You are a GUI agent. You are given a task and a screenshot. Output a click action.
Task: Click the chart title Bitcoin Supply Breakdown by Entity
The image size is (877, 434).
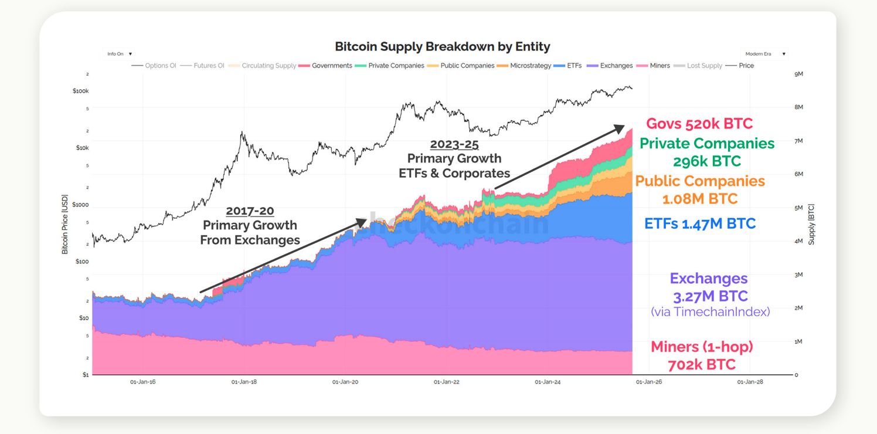pyautogui.click(x=442, y=46)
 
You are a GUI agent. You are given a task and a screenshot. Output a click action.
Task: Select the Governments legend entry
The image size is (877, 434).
pyautogui.click(x=331, y=66)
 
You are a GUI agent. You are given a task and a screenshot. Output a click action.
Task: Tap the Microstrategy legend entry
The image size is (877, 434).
pyautogui.click(x=530, y=66)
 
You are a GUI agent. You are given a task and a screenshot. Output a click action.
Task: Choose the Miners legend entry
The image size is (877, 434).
pyautogui.click(x=660, y=66)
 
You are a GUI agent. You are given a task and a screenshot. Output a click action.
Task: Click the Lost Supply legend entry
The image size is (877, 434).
pyautogui.click(x=704, y=66)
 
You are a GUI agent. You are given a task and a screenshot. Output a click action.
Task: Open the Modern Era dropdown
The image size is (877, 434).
pyautogui.click(x=764, y=54)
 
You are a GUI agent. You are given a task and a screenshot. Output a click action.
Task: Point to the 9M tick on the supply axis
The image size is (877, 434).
pyautogui.click(x=798, y=74)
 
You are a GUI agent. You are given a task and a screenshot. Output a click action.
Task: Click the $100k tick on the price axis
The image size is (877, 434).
pyautogui.click(x=80, y=91)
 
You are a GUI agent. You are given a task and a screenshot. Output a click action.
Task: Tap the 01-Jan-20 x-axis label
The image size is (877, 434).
pyautogui.click(x=345, y=382)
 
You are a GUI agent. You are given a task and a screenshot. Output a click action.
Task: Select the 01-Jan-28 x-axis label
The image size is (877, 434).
pyautogui.click(x=749, y=382)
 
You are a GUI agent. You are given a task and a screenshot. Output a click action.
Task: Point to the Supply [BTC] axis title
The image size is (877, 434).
pyautogui.click(x=811, y=224)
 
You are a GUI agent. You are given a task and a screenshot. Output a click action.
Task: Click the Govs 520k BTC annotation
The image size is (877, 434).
pyautogui.click(x=699, y=124)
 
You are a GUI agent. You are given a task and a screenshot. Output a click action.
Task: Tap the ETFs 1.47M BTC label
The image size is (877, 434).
pyautogui.click(x=699, y=223)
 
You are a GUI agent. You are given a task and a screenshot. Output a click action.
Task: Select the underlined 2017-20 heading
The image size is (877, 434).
pyautogui.click(x=250, y=211)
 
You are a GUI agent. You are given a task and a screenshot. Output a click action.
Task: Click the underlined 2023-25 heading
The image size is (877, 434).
pyautogui.click(x=454, y=144)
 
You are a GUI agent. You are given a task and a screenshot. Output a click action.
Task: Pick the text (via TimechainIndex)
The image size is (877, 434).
pyautogui.click(x=710, y=312)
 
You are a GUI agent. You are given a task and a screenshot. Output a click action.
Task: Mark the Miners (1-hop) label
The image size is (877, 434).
pyautogui.click(x=702, y=347)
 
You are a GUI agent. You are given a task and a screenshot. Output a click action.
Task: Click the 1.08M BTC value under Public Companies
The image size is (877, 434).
pyautogui.click(x=700, y=199)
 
